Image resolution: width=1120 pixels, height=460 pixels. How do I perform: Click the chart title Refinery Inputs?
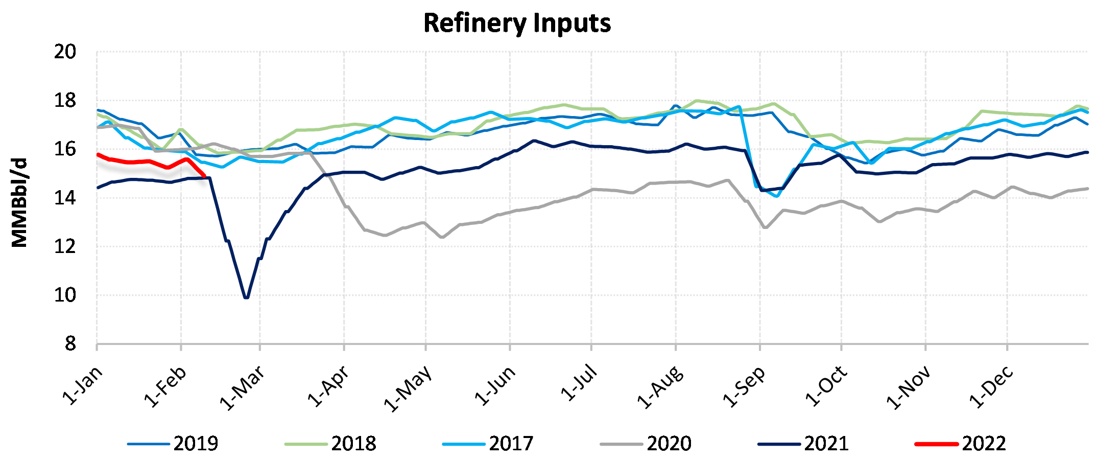517,23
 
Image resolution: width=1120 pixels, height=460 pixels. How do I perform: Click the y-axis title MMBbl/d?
19,203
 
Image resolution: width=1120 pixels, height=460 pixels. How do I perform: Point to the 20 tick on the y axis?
65,52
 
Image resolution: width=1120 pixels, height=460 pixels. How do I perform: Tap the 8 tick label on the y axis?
70,344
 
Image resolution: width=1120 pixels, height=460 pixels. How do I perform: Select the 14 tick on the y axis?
65,198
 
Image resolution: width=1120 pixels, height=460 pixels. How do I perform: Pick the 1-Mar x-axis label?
243,388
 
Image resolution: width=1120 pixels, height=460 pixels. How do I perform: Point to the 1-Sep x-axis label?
745,387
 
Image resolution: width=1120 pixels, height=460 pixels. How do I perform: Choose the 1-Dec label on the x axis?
991,387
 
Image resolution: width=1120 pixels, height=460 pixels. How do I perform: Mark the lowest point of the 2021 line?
247,297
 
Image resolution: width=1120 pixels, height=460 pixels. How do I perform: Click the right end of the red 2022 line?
204,176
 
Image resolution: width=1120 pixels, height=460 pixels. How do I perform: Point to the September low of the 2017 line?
777,196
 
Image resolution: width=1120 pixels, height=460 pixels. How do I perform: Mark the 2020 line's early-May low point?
442,237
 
